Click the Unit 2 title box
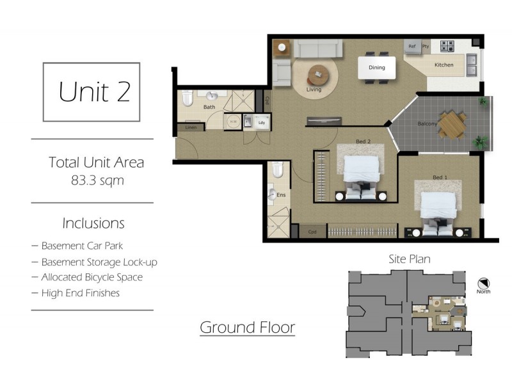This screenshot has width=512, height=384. [x=92, y=92]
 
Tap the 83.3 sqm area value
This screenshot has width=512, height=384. [x=98, y=180]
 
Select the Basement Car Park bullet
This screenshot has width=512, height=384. [x=82, y=246]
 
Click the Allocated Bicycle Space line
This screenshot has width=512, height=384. [x=92, y=277]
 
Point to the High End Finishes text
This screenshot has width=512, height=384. [x=80, y=293]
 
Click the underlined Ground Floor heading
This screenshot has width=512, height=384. [x=247, y=328]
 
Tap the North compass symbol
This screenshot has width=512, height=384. [x=484, y=283]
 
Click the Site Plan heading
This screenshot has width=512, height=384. [x=410, y=259]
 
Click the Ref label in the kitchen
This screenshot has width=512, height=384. [x=412, y=47]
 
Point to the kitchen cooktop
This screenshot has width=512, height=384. [x=447, y=46]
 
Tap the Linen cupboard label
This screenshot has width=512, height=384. [x=191, y=127]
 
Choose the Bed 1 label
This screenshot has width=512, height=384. [x=439, y=177]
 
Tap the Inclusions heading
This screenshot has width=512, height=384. [x=93, y=223]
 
